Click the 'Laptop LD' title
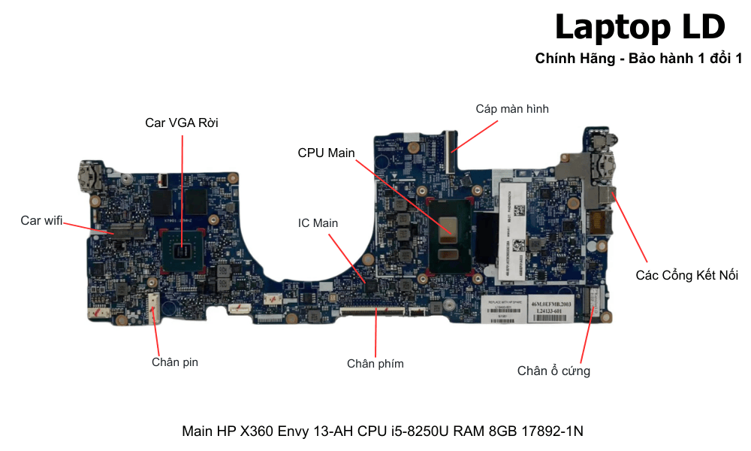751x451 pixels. click(x=640, y=27)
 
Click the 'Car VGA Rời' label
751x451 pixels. click(x=182, y=123)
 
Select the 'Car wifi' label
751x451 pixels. click(x=41, y=220)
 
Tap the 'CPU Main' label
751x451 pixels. click(x=326, y=153)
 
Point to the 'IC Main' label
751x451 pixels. click(x=318, y=223)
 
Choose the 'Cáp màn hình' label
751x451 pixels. click(x=512, y=109)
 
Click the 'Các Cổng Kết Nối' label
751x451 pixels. click(x=686, y=275)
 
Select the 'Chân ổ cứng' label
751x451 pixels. click(x=553, y=371)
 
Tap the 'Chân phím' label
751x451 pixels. click(x=375, y=364)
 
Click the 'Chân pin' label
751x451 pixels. click(x=175, y=362)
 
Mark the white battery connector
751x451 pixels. click(x=153, y=306)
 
